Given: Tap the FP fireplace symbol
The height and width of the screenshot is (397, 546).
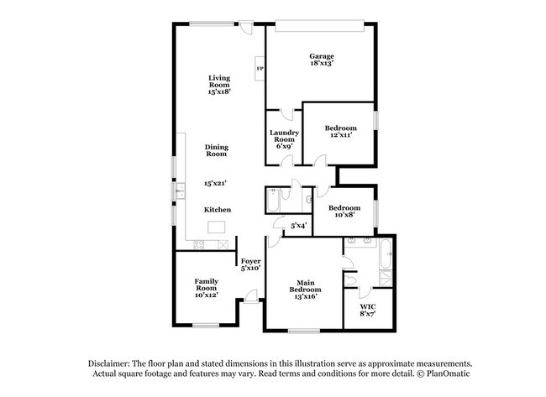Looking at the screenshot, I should coord(260,68).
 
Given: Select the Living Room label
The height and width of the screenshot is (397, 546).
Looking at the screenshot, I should coord(219,81).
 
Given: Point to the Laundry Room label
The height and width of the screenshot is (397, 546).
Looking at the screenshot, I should coord(284,135).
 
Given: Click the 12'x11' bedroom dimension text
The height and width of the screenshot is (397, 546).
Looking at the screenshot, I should coord(340,138).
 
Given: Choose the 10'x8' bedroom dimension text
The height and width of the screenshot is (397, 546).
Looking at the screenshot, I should coord(344,216).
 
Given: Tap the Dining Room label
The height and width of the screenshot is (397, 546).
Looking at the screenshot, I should coord(217,150).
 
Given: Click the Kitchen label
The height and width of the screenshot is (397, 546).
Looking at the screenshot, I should coord(218,209).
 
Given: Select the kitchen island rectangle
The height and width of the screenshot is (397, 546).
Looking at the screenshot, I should coord(218,226).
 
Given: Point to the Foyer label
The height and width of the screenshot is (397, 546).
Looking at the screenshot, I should coord(251,261).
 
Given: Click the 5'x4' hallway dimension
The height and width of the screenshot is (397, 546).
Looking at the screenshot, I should coord(298,225).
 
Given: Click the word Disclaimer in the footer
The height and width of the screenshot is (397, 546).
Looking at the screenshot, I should coord(113,363).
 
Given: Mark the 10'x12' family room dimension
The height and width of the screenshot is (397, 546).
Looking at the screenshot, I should coord(206,295).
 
